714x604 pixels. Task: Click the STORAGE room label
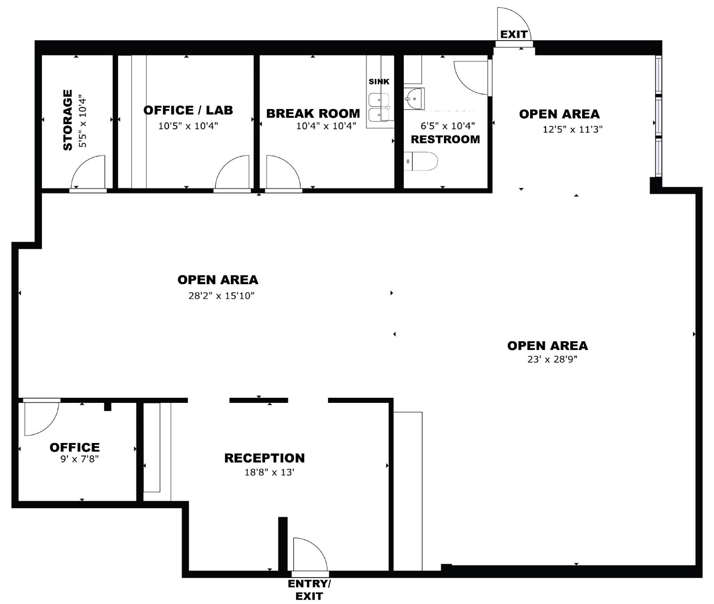[68, 120]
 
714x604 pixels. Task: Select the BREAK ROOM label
[313, 113]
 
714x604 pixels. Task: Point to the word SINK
[379, 82]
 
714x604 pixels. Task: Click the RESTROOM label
[445, 139]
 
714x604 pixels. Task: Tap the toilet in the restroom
[421, 161]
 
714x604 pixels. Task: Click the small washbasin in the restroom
[414, 99]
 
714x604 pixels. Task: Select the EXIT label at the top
[514, 34]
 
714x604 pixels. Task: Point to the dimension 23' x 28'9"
[552, 359]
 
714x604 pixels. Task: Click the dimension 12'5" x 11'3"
[573, 129]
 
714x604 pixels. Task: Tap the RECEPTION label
[264, 458]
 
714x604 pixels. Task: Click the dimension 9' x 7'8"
[79, 459]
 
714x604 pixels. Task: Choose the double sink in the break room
[379, 107]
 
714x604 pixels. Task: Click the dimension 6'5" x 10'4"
[448, 126]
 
